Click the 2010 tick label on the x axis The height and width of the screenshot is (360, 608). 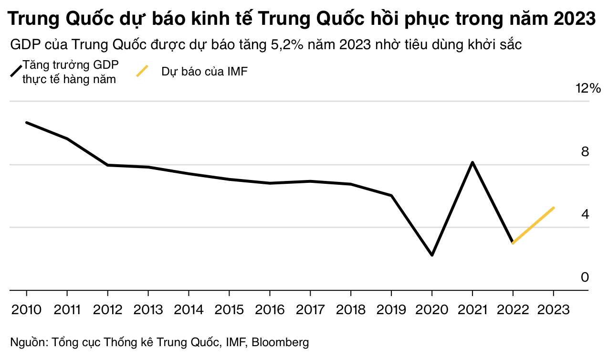click(26, 310)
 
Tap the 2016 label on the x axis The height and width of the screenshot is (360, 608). click(270, 310)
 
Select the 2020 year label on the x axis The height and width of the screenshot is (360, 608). click(432, 310)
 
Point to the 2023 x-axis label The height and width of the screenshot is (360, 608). click(554, 310)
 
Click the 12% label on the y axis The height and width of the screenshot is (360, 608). click(588, 88)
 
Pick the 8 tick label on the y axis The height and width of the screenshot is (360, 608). click(585, 152)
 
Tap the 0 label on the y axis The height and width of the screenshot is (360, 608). click(585, 277)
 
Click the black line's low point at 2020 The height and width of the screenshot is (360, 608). click(432, 255)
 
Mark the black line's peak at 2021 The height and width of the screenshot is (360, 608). click(472, 162)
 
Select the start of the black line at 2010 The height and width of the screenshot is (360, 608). click(26, 123)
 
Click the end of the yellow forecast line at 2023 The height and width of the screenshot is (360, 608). click(554, 208)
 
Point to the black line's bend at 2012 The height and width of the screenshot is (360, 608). click(108, 165)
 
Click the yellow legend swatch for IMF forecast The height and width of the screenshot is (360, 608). click(143, 71)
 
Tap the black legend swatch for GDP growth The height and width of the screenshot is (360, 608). click(16, 71)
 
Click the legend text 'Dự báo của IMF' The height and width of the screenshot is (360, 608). click(204, 72)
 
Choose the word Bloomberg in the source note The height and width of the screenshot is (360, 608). click(280, 342)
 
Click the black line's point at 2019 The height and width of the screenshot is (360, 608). click(391, 195)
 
